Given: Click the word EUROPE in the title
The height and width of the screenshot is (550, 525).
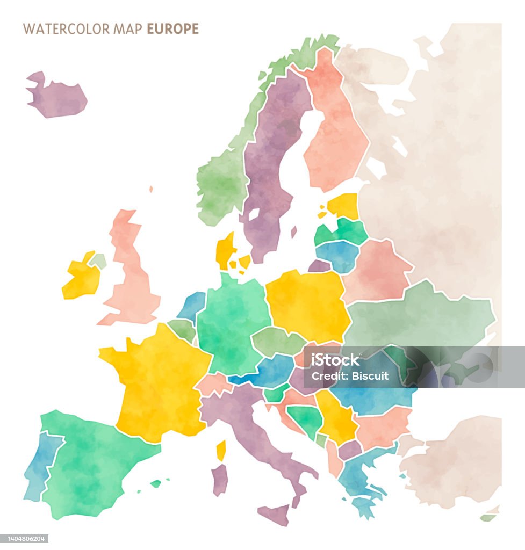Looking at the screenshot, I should pyautogui.click(x=173, y=29).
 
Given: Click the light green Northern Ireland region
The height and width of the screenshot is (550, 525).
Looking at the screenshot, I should pyautogui.click(x=98, y=262).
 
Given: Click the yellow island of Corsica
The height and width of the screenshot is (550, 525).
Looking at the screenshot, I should pyautogui.click(x=221, y=450).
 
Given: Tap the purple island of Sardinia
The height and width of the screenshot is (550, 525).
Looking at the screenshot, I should pyautogui.click(x=219, y=480).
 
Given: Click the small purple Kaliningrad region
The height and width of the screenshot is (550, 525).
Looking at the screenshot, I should pyautogui.click(x=319, y=266).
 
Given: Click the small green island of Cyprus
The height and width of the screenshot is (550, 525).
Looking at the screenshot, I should pyautogui.click(x=488, y=518).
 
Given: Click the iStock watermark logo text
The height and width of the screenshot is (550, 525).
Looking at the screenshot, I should pyautogui.click(x=336, y=360).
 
